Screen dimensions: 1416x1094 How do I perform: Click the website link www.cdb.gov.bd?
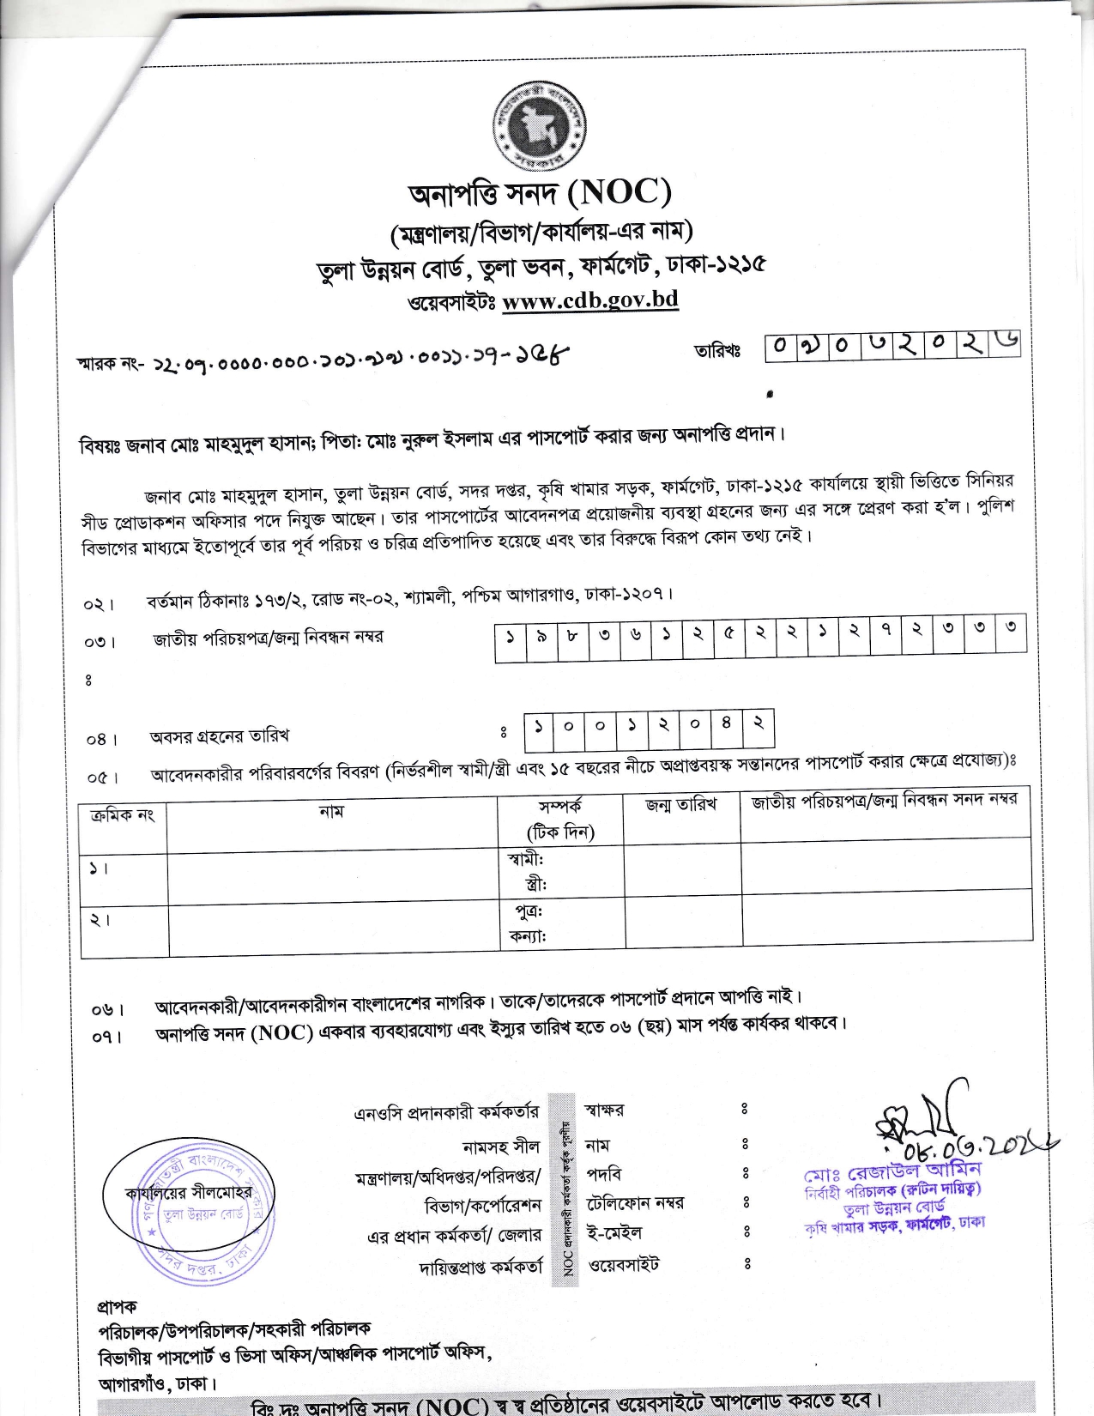click(589, 300)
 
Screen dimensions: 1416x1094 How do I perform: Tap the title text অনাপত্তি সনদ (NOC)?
click(539, 193)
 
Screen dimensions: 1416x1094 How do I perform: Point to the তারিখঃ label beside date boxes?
click(717, 350)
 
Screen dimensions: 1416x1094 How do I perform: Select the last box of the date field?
click(1003, 346)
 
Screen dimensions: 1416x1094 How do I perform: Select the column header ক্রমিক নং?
click(122, 814)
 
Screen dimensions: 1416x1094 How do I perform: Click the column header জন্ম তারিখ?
click(680, 805)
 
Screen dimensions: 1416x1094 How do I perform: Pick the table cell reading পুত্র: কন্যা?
click(561, 923)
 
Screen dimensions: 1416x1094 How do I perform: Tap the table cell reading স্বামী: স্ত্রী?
click(561, 870)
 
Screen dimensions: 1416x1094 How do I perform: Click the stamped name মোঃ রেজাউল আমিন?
click(892, 1171)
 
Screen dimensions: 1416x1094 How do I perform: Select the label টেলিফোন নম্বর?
click(635, 1203)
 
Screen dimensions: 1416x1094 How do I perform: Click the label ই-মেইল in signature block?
click(613, 1233)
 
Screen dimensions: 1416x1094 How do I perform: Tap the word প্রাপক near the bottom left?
click(117, 1306)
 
